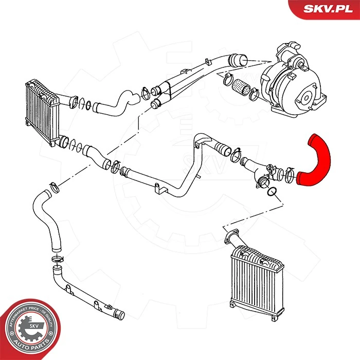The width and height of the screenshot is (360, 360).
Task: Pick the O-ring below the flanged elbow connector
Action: click(x=275, y=193)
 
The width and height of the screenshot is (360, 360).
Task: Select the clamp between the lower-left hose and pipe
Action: click(x=57, y=259)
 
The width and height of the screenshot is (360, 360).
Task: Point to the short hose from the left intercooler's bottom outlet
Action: click(x=95, y=155)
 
